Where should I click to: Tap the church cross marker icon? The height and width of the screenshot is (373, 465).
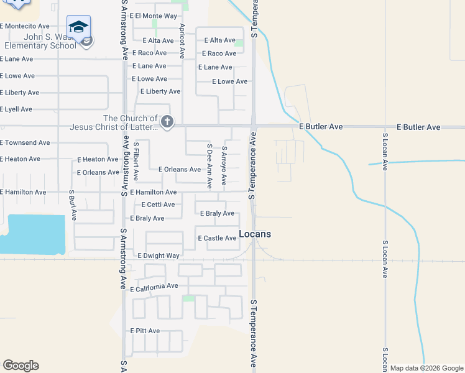coord(167,122)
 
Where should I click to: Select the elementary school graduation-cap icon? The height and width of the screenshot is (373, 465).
coord(78,27)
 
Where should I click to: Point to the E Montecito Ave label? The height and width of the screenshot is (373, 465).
coord(25,26)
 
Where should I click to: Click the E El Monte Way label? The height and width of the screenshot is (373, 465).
coord(153,15)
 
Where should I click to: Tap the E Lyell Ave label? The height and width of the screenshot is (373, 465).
coord(16,109)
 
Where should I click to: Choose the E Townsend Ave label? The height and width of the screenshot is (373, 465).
coord(25,143)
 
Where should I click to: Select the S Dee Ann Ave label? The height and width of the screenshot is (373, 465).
coord(209,165)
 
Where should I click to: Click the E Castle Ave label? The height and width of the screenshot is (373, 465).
coord(217,238)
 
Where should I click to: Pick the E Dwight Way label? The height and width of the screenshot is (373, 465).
coord(159,256)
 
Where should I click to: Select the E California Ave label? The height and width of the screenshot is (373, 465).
coord(154,287)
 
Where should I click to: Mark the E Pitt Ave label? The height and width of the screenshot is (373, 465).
coord(145,331)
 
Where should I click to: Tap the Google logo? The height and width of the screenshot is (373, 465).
coord(21,366)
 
